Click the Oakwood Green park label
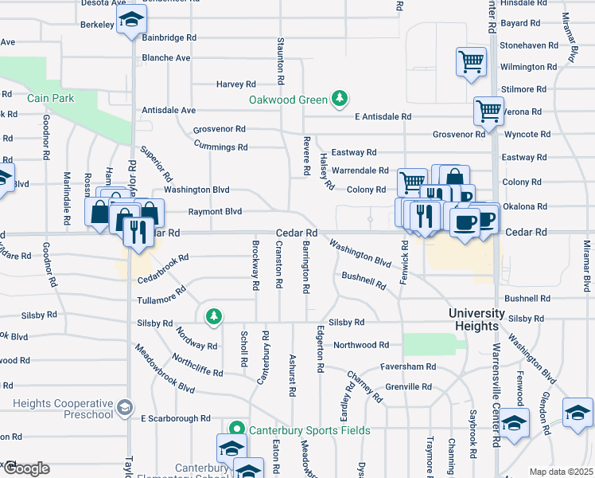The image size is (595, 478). [x=288, y=100]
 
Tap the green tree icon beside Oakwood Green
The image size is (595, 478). [x=340, y=98]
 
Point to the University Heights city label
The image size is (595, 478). [x=476, y=319]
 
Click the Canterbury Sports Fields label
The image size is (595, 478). [x=309, y=431]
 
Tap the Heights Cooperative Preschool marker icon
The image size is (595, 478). [x=124, y=409]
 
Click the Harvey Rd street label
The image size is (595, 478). [x=236, y=84]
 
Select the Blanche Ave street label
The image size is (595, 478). [x=166, y=58]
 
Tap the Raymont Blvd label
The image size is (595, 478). [x=215, y=212]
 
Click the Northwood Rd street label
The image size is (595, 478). [x=361, y=345]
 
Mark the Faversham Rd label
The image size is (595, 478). [x=408, y=366]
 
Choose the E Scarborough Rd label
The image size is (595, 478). [x=175, y=418]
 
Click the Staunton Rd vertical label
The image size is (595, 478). [x=281, y=61]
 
